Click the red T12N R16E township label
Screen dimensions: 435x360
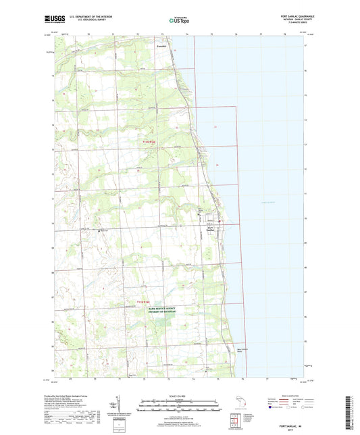(149, 141)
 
